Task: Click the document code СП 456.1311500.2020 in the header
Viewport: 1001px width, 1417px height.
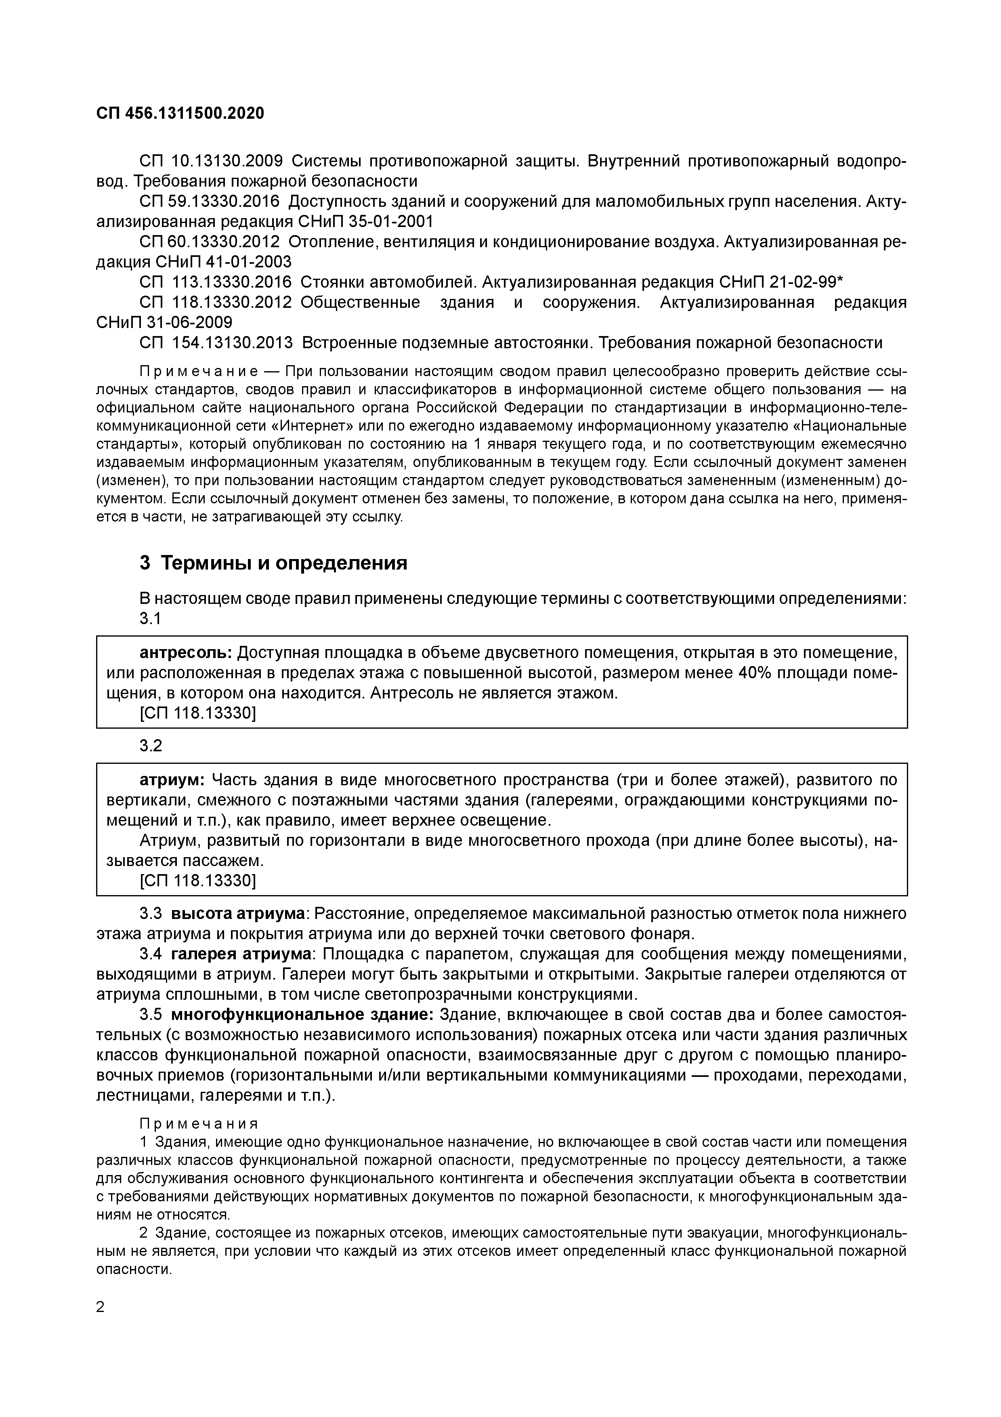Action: point(180,114)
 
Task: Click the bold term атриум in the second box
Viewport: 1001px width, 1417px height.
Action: point(172,780)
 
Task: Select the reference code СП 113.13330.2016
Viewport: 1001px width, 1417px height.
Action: point(215,282)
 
